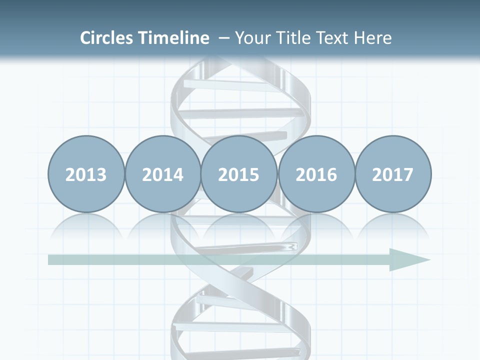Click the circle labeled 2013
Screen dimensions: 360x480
86,174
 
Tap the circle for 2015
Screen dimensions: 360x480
239,174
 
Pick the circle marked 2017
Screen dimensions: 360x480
392,174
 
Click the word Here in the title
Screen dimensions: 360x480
373,38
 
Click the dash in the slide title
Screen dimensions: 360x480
224,38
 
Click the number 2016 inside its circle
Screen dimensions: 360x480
316,174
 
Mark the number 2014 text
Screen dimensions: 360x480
162,174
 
